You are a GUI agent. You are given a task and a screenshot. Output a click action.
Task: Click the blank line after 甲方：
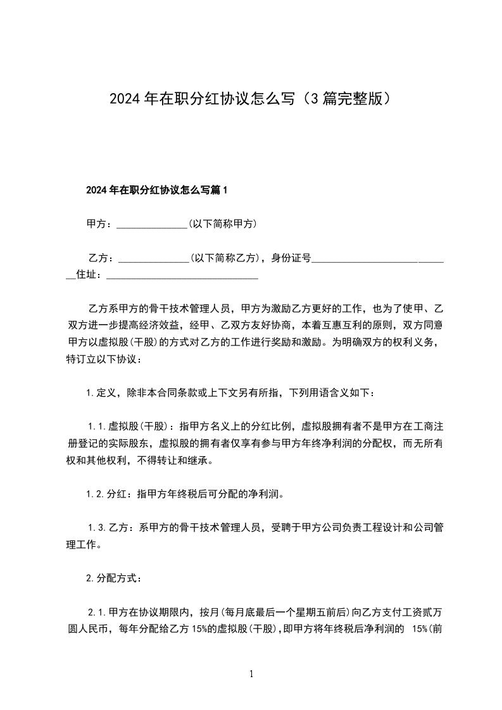tap(152, 225)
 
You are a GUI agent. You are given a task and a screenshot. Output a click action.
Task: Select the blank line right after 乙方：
tap(154, 258)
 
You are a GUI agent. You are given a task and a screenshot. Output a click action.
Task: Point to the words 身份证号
tap(291, 258)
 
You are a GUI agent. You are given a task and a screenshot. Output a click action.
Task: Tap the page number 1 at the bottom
tap(251, 675)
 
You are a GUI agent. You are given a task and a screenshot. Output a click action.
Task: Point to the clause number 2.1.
tap(99, 613)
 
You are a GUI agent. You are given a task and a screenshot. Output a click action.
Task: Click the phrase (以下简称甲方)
tap(222, 224)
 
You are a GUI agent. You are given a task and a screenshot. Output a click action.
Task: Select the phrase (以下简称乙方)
tap(225, 258)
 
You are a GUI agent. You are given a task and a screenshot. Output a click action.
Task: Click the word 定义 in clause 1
tap(105, 393)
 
